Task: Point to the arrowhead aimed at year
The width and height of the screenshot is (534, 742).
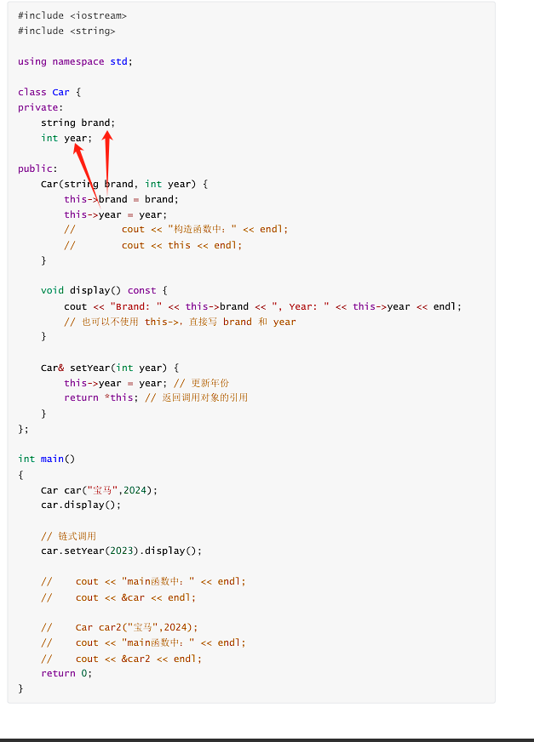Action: point(77,147)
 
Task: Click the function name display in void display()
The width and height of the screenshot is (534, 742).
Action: point(93,291)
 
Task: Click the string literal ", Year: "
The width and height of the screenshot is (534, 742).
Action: point(298,306)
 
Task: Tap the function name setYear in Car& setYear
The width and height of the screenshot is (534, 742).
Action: point(90,368)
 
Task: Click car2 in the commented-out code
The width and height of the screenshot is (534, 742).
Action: point(110,628)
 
